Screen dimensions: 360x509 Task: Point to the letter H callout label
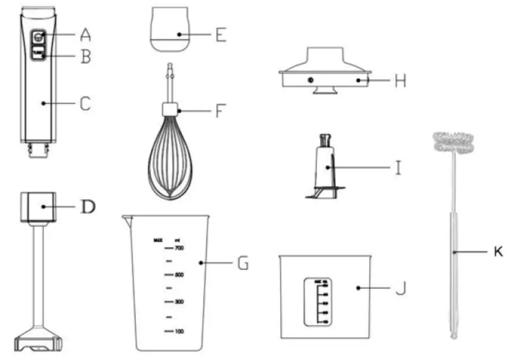(399, 81)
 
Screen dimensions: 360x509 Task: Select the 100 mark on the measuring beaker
(178, 331)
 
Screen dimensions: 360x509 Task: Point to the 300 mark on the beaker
(178, 302)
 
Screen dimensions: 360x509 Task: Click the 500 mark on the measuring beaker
(178, 274)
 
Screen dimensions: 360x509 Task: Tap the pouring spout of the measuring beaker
(127, 219)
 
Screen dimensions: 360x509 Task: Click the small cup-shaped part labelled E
(170, 32)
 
